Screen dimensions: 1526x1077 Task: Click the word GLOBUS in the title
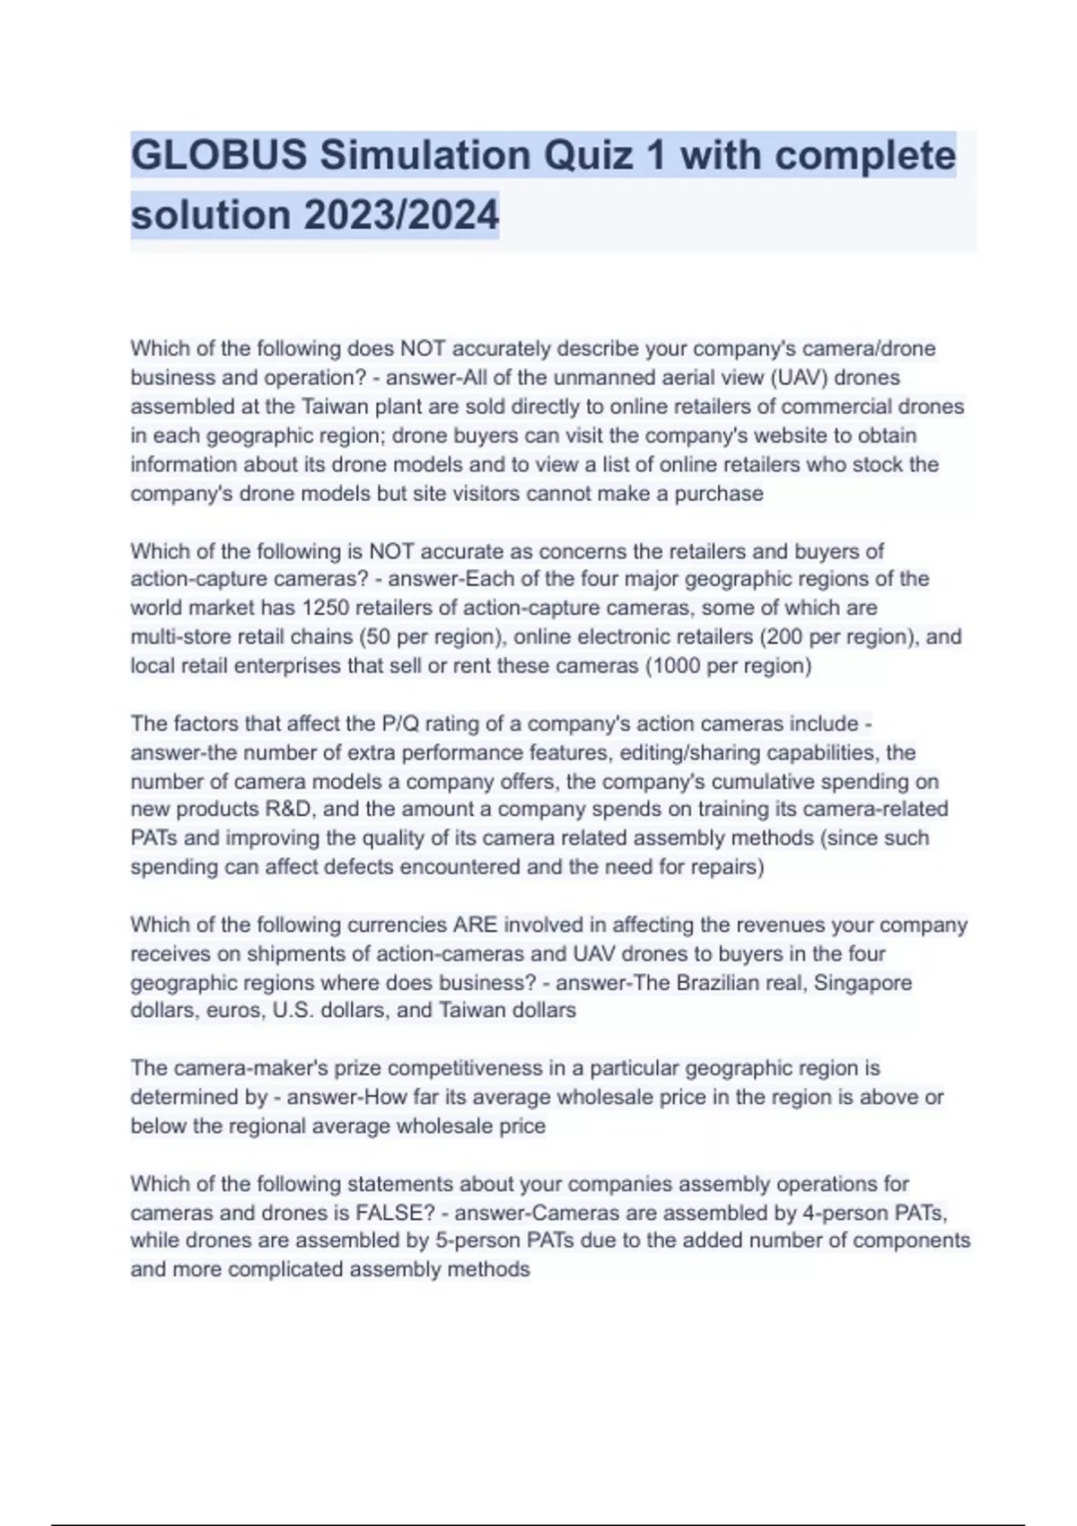pos(219,155)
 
